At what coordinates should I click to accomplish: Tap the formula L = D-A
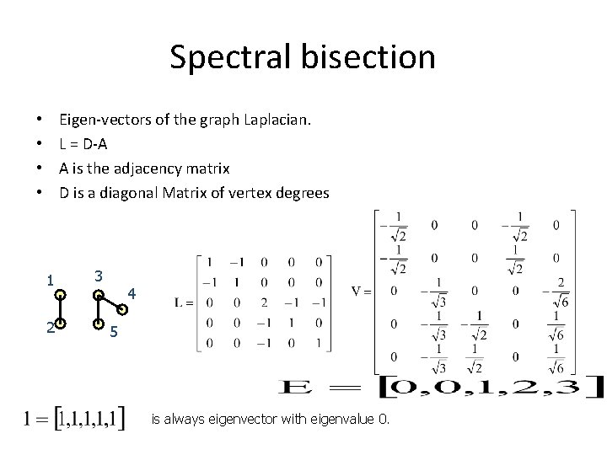click(x=83, y=145)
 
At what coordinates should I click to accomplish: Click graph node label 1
click(x=51, y=280)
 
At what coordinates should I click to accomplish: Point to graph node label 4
click(x=130, y=294)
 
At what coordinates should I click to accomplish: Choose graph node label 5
click(x=114, y=332)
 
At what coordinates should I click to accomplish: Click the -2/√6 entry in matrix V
click(x=556, y=290)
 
